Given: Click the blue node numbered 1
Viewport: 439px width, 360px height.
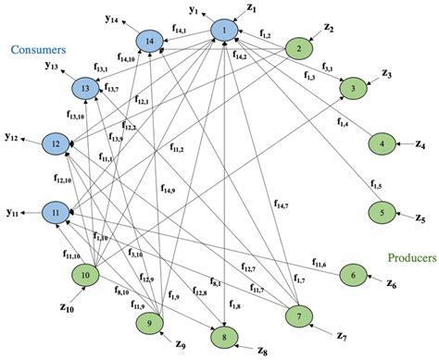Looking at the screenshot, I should pyautogui.click(x=222, y=31).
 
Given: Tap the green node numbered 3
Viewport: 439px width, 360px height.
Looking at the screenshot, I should pyautogui.click(x=353, y=88).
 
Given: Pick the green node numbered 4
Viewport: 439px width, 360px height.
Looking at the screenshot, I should pyautogui.click(x=381, y=145).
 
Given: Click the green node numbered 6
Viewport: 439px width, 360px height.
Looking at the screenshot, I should pyautogui.click(x=352, y=274).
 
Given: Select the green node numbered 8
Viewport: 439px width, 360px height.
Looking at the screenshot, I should pyautogui.click(x=223, y=334).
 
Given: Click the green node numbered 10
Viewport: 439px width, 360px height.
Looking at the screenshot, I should pyautogui.click(x=85, y=275).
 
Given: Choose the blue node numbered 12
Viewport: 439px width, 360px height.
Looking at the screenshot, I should pyautogui.click(x=56, y=145).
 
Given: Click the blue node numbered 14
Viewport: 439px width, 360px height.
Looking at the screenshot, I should pyautogui.click(x=148, y=41).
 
